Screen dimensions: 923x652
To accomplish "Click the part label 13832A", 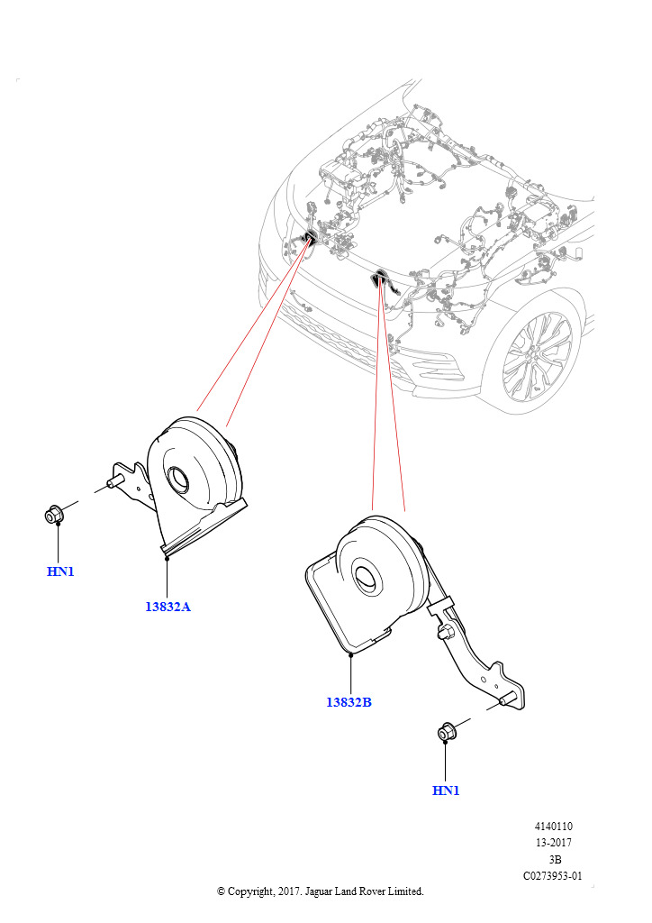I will point(168,607).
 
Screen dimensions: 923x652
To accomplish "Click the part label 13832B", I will point(349,702).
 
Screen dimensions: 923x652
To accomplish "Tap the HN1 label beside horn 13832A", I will point(60,571).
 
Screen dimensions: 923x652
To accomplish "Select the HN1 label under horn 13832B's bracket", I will point(446,790).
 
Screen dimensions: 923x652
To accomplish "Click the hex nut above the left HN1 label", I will point(54,516).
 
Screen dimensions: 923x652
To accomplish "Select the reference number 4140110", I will point(553,827).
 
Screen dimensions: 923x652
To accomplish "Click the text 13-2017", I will point(553,843).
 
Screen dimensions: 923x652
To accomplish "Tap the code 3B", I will point(554,859).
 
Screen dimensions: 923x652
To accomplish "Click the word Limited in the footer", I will point(403,891).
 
